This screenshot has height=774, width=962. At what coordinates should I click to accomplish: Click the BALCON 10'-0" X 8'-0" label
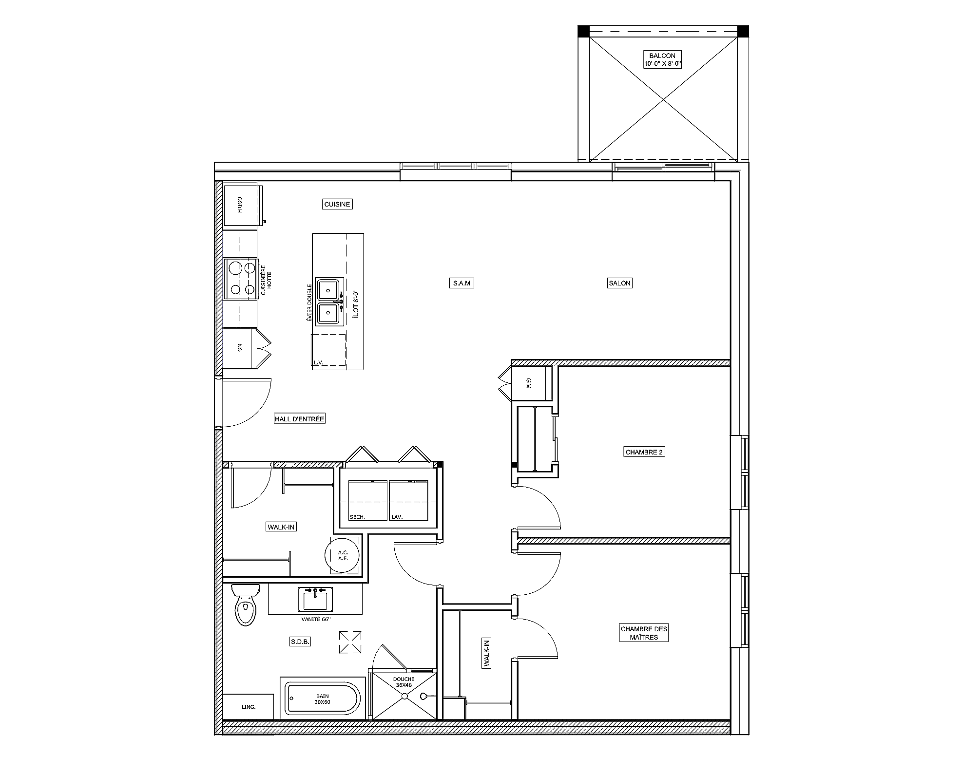pos(662,60)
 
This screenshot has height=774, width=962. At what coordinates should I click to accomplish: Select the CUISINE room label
pos(337,204)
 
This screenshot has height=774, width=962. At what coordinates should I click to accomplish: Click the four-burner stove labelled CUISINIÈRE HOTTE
pos(241,279)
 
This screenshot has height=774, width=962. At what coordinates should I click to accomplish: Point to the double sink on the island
pos(328,302)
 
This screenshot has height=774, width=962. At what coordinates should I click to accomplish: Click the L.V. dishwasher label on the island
pos(319,362)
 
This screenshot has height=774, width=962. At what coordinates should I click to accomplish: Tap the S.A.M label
pos(461,283)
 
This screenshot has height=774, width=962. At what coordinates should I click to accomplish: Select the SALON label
pos(619,283)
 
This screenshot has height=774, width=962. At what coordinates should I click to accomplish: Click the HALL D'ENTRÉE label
pos(299,418)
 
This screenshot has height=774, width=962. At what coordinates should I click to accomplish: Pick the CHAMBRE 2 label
pos(644,452)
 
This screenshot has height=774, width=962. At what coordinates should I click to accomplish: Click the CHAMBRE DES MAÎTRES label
pos(644,633)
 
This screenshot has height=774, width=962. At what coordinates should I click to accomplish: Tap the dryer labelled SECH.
pos(367,501)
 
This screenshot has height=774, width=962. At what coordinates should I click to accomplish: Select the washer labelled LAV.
pos(408,501)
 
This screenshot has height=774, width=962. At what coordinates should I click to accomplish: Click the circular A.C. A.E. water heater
pos(343,555)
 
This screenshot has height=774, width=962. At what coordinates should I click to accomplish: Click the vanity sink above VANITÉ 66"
pos(315,599)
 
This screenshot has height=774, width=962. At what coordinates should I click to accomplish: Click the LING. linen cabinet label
pos(249,707)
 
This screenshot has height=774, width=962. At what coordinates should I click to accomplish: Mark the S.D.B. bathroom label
pos(300,642)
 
